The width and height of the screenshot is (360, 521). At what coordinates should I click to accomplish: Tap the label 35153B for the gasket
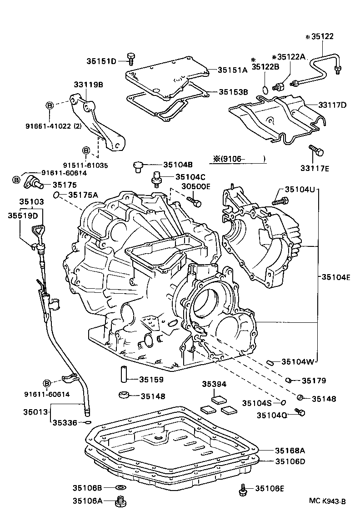tap(233, 92)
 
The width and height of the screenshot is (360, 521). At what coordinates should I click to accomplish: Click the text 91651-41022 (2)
tap(60, 127)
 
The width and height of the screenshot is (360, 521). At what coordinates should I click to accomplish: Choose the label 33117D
tap(332, 105)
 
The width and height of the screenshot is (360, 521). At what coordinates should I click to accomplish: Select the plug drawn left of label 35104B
tap(139, 166)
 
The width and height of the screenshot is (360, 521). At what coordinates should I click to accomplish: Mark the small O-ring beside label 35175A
tap(56, 195)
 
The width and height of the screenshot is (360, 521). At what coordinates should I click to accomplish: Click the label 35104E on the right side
tap(336, 276)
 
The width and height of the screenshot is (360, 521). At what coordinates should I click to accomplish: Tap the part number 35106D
tap(290, 461)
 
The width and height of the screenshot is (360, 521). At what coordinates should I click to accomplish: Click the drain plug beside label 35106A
tap(121, 501)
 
